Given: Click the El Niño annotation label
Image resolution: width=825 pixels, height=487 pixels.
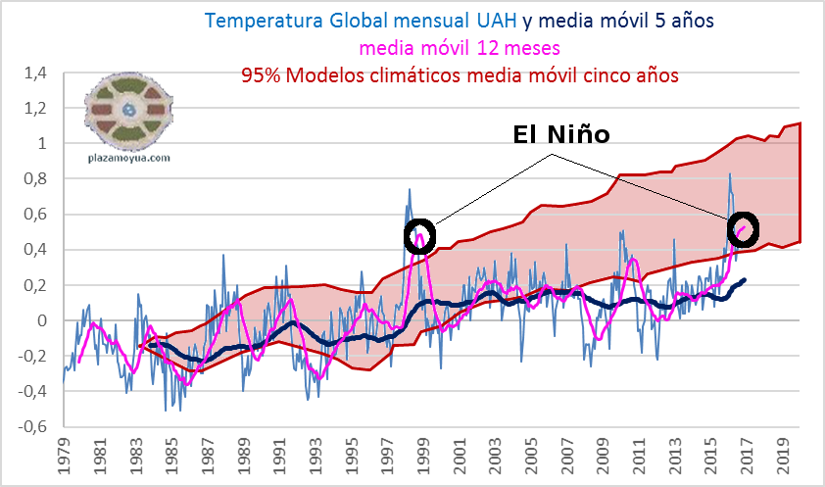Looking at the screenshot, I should (x=561, y=135).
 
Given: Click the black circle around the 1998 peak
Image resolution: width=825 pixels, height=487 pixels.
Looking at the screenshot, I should (x=419, y=236).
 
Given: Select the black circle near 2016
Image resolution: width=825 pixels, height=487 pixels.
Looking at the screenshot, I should (x=744, y=228).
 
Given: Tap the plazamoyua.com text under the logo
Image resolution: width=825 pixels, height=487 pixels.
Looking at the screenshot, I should (x=129, y=157).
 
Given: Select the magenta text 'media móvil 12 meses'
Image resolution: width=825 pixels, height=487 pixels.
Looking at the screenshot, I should (x=454, y=47).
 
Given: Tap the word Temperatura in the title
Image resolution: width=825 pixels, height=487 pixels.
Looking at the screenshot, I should (x=258, y=20).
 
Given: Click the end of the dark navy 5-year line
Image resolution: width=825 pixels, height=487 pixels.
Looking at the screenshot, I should (x=745, y=280).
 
